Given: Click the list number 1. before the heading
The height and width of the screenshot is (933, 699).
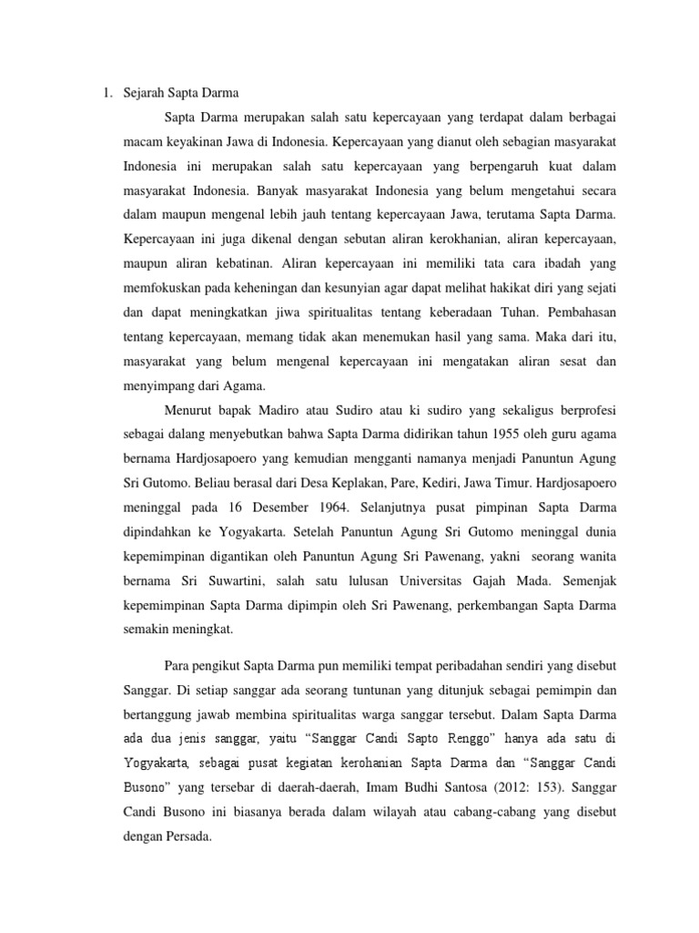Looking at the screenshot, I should click(x=106, y=91).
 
